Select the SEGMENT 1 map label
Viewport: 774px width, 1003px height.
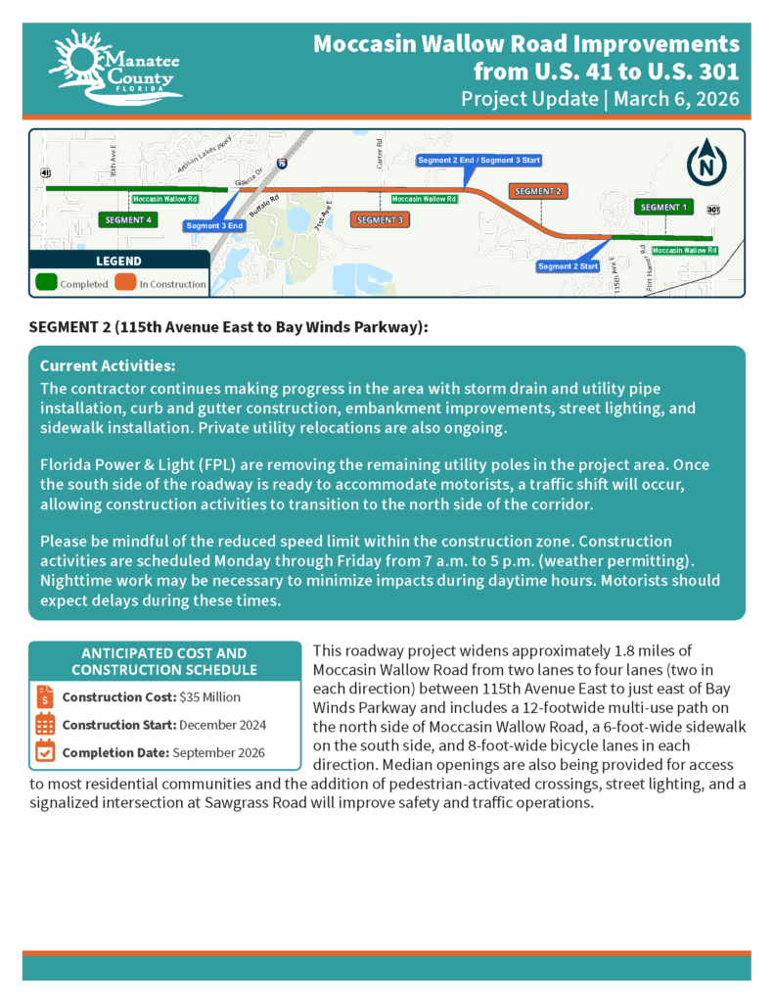pyautogui.click(x=662, y=208)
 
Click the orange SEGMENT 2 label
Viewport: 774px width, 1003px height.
pyautogui.click(x=537, y=191)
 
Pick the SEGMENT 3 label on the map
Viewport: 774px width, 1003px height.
pyautogui.click(x=379, y=220)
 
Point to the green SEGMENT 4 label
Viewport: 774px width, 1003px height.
pyautogui.click(x=127, y=220)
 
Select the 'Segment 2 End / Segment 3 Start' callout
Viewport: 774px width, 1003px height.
pyautogui.click(x=478, y=160)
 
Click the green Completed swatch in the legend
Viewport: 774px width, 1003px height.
pyautogui.click(x=46, y=283)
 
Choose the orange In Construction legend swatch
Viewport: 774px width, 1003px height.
pyautogui.click(x=125, y=283)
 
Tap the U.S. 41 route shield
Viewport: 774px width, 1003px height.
pyautogui.click(x=45, y=172)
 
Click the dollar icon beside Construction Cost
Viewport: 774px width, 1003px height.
pyautogui.click(x=45, y=697)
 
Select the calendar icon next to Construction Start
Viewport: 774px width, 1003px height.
pyautogui.click(x=45, y=725)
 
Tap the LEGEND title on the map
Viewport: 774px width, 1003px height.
pyautogui.click(x=118, y=262)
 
